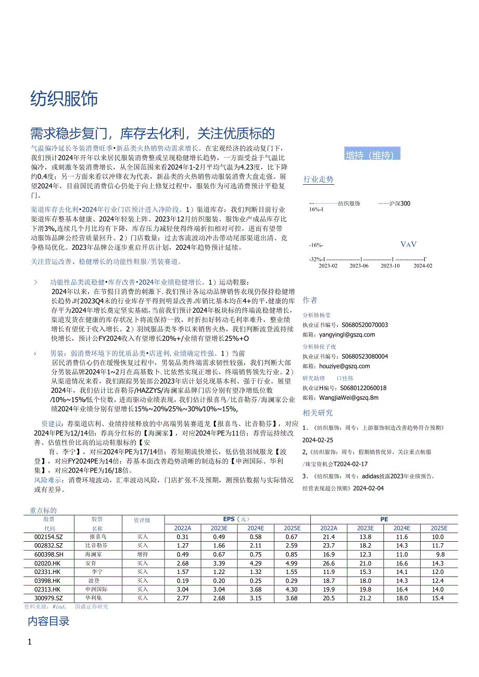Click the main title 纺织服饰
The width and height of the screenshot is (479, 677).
[64, 98]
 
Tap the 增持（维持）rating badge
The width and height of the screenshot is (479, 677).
[372, 155]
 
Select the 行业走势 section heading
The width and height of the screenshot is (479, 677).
[318, 180]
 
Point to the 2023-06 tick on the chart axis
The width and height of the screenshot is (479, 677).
[359, 265]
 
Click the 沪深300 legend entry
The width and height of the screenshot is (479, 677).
[395, 203]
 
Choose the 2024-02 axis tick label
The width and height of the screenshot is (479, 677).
[423, 265]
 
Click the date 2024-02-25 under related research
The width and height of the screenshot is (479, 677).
[319, 440]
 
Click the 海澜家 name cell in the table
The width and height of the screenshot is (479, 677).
[94, 555]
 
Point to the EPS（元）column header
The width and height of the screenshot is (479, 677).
[237, 519]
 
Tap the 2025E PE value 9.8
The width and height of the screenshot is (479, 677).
[440, 555]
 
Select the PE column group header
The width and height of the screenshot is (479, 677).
[384, 519]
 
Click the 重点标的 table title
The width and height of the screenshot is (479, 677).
[43, 511]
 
